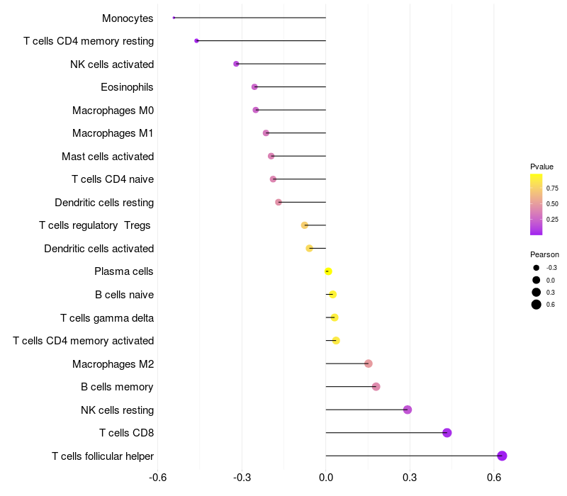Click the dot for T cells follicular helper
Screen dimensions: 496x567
point(502,456)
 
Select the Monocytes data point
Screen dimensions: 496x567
point(174,18)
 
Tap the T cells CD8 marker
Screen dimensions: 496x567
point(447,433)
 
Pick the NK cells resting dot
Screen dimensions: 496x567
point(408,410)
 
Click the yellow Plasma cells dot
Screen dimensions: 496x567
point(328,271)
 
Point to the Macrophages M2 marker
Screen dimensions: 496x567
point(369,363)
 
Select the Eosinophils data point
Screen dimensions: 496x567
point(254,87)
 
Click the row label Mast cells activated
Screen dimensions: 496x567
point(108,157)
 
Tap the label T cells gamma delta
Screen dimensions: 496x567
point(107,318)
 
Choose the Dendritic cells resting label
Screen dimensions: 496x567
point(104,203)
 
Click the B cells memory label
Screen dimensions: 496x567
point(117,387)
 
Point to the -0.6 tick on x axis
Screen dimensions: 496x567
point(158,478)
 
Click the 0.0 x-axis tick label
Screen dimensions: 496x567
point(326,478)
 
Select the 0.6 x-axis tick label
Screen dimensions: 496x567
point(495,478)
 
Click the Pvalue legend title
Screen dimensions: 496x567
point(541,167)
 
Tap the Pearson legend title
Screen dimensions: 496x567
point(544,254)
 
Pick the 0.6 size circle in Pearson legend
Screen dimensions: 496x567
point(537,305)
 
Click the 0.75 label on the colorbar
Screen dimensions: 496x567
point(552,188)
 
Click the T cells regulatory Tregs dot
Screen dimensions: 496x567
point(305,225)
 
